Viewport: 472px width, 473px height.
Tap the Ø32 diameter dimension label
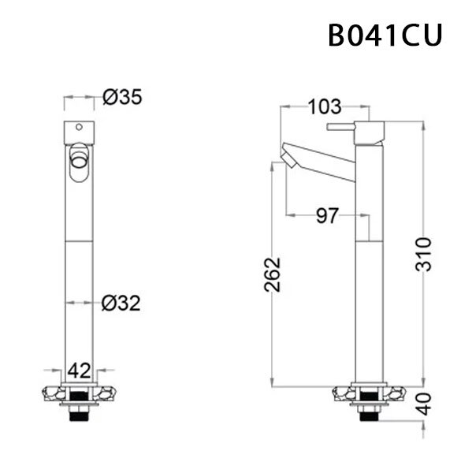coord(121,302)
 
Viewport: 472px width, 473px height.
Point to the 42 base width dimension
coord(79,369)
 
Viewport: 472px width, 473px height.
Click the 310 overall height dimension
coord(425,253)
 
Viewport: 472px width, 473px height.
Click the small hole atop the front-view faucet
coord(79,128)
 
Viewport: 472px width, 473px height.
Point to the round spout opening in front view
coord(79,162)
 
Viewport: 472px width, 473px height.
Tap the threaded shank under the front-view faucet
coord(78,416)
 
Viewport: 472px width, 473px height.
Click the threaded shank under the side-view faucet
coord(367,416)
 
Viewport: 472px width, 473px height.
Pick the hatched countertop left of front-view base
coord(54,393)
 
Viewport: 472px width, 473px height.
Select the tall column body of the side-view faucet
coord(367,300)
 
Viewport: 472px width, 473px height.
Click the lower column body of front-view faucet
coord(78,315)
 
